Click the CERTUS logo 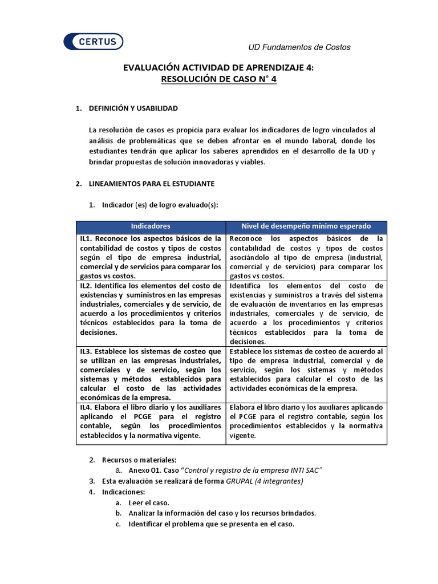[94, 42]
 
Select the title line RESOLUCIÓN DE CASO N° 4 [219, 80]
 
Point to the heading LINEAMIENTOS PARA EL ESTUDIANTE [151, 184]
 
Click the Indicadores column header [151, 226]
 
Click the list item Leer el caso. [149, 502]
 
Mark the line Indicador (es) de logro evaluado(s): [160, 205]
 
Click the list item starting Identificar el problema [211, 524]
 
